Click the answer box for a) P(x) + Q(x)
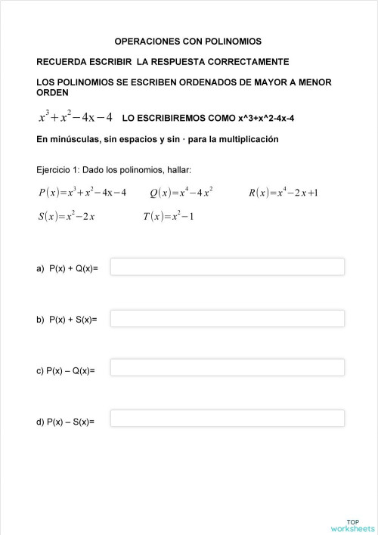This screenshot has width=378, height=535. tap(227, 267)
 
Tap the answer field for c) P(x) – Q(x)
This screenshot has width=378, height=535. tap(227, 367)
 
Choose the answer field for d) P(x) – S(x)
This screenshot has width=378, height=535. tap(227, 418)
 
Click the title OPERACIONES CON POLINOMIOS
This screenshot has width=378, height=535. tap(187, 42)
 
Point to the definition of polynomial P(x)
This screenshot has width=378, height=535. tap(82, 193)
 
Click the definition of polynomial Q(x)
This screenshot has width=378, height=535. tap(181, 193)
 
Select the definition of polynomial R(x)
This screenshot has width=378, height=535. tap(283, 193)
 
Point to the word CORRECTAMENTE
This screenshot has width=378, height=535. tap(246, 61)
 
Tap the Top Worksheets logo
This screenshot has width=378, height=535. tap(352, 525)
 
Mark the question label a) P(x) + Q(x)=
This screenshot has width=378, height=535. tap(67, 268)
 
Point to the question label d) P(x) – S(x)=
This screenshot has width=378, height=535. tap(65, 422)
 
